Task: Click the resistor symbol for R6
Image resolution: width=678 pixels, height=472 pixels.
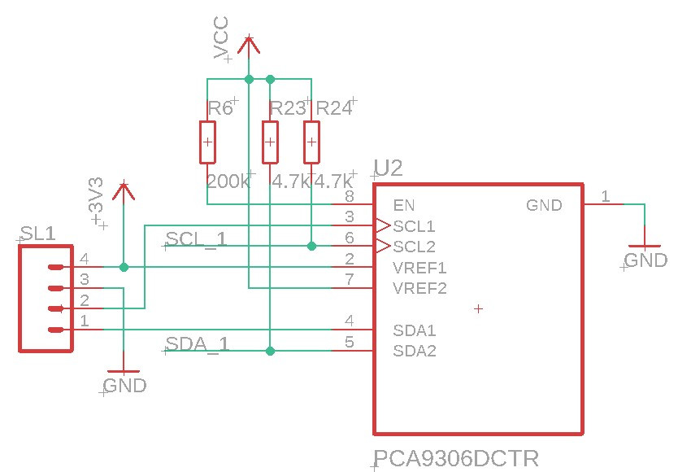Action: [x=208, y=142]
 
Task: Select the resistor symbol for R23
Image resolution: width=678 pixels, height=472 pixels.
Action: [x=270, y=142]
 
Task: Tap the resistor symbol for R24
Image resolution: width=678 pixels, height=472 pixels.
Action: [x=311, y=142]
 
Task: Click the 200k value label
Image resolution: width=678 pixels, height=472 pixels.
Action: [x=228, y=181]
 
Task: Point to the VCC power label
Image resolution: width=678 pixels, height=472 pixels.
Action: [x=221, y=38]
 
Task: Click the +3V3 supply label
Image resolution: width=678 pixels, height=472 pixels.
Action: [x=96, y=202]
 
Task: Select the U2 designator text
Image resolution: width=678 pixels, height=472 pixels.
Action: [x=388, y=168]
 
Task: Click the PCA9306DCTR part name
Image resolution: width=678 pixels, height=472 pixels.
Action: [x=455, y=457]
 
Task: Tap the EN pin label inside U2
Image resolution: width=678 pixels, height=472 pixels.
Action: [x=404, y=204]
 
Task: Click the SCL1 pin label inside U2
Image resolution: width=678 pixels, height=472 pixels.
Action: [x=414, y=225]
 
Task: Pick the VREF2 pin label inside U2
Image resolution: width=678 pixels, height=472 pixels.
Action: [x=419, y=288]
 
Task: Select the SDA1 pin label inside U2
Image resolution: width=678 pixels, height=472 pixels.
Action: [x=415, y=330]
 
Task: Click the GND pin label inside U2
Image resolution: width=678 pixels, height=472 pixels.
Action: [x=544, y=205]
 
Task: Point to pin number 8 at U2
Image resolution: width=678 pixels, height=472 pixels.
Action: [x=349, y=196]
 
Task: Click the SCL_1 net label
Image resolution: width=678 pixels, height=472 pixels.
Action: [x=196, y=238]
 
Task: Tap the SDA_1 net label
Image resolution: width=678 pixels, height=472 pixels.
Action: [x=197, y=343]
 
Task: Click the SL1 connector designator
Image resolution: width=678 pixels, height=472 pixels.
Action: [x=38, y=234]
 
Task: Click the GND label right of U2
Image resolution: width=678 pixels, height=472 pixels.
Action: [x=645, y=260]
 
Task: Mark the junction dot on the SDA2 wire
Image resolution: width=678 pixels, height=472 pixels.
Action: [x=270, y=351]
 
